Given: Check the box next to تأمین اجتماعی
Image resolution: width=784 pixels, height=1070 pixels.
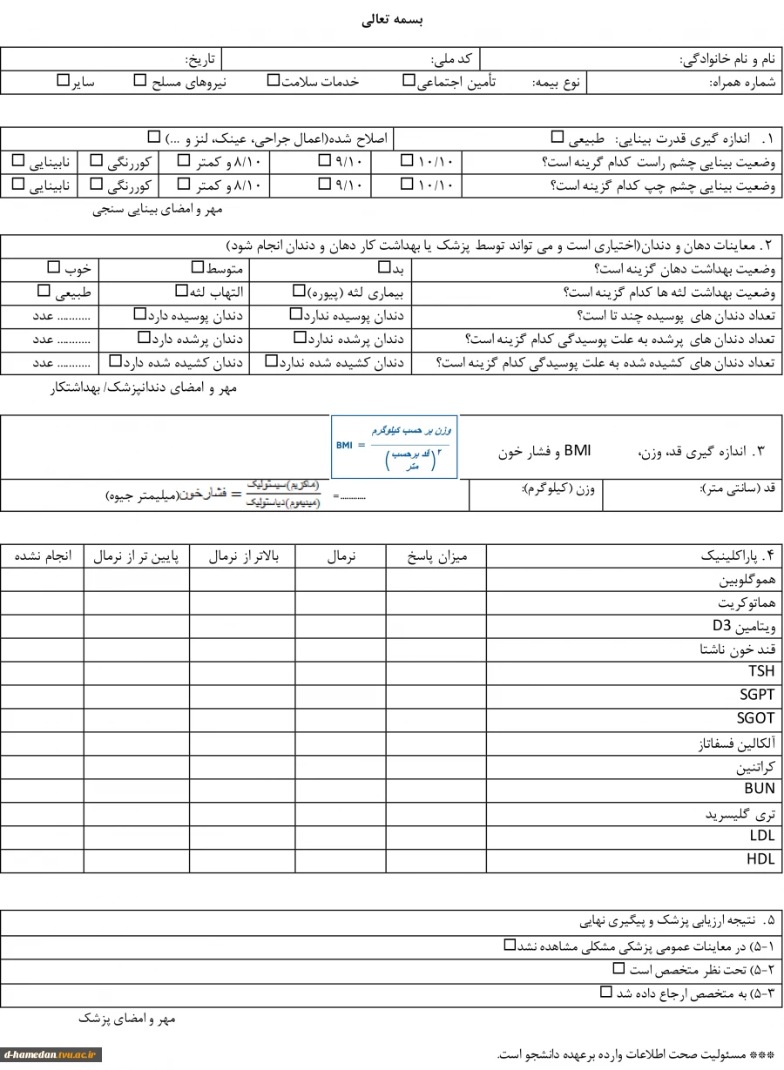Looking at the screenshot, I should (409, 80).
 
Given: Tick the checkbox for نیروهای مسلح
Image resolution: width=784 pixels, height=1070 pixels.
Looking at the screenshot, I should (140, 80).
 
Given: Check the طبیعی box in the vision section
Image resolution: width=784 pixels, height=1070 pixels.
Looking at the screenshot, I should (558, 137).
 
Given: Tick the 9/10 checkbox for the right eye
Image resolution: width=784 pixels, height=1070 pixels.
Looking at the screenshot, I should (324, 160).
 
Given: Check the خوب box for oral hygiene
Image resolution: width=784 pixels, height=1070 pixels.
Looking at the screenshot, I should (54, 267).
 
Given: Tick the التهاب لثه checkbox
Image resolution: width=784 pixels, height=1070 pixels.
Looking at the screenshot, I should (181, 291).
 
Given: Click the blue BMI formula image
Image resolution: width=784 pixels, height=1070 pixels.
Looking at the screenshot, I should (395, 447).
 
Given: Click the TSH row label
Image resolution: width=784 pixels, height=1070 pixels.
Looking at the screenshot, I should (760, 672).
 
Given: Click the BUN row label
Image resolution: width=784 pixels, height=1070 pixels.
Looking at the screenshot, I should (759, 789).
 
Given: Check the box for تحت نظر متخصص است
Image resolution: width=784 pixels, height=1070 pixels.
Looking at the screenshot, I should (618, 968).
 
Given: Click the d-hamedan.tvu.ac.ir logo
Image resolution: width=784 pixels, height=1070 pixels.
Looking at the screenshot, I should (51, 1055).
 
